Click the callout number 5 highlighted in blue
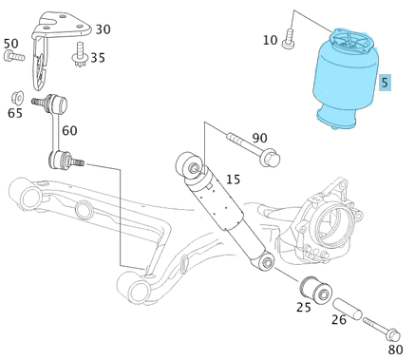(x=385, y=83)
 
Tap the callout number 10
(x=270, y=40)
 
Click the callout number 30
(x=102, y=29)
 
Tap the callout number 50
(x=10, y=43)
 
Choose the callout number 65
(x=14, y=113)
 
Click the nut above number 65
(x=16, y=97)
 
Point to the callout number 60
(x=69, y=130)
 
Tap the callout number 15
(x=233, y=180)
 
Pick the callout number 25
(x=304, y=306)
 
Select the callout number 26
(x=339, y=319)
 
